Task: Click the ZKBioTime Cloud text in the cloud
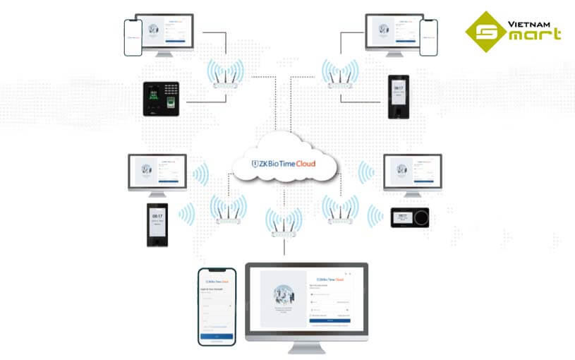(285, 163)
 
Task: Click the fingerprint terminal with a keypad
(164, 99)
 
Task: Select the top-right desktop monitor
(394, 32)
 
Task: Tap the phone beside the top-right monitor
(428, 37)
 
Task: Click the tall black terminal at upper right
(398, 99)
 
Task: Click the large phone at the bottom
(215, 306)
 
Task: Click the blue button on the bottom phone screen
(215, 337)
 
